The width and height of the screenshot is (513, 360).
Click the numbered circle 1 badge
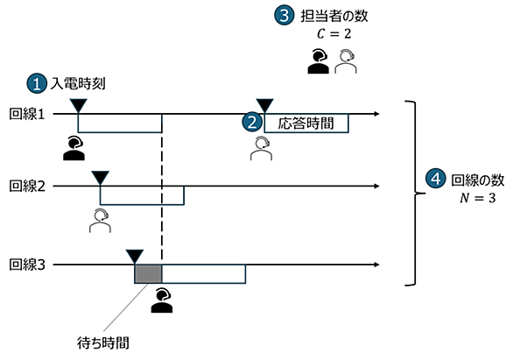[37, 83]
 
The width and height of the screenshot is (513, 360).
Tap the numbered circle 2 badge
[252, 122]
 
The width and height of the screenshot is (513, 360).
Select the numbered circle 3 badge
[285, 16]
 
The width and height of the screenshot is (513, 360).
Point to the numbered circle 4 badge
[435, 179]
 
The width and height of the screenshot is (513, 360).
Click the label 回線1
[27, 114]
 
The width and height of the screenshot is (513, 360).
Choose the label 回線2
[27, 187]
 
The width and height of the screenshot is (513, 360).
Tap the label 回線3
[27, 265]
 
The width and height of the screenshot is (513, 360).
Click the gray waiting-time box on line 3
[148, 274]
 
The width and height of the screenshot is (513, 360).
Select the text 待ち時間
[103, 343]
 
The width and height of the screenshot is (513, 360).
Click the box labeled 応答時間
[306, 124]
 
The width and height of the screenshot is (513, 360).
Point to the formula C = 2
[334, 33]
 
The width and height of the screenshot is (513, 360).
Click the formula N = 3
[477, 198]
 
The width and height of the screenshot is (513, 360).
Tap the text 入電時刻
[78, 84]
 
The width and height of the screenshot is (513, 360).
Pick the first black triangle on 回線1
[79, 105]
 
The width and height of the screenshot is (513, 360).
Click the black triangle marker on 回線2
[100, 178]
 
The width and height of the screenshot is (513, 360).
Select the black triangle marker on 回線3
[135, 257]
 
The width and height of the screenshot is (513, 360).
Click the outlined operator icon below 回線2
[100, 221]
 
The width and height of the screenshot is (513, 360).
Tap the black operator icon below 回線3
[162, 300]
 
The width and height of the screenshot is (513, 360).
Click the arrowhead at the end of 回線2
[376, 187]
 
